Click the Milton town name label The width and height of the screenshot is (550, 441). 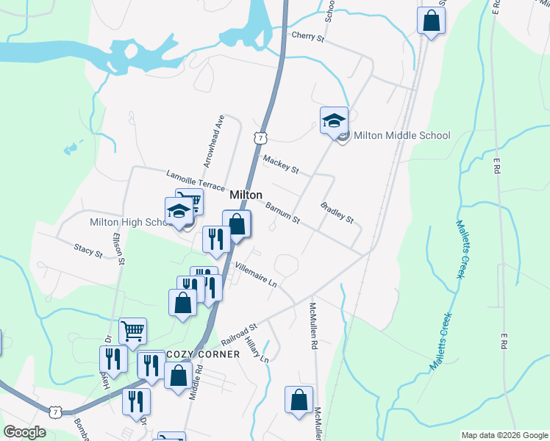coord(246,195)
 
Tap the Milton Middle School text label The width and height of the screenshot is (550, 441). coord(401,135)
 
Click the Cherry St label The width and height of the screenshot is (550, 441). coord(307,35)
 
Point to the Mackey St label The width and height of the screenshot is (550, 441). coord(280,165)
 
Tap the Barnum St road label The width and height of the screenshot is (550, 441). coord(282,214)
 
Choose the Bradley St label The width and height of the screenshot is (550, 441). coord(337,214)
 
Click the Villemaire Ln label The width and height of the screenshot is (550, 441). coord(254,275)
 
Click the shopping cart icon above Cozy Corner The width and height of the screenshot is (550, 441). coord(132,331)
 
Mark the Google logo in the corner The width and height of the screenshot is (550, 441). coord(24,432)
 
